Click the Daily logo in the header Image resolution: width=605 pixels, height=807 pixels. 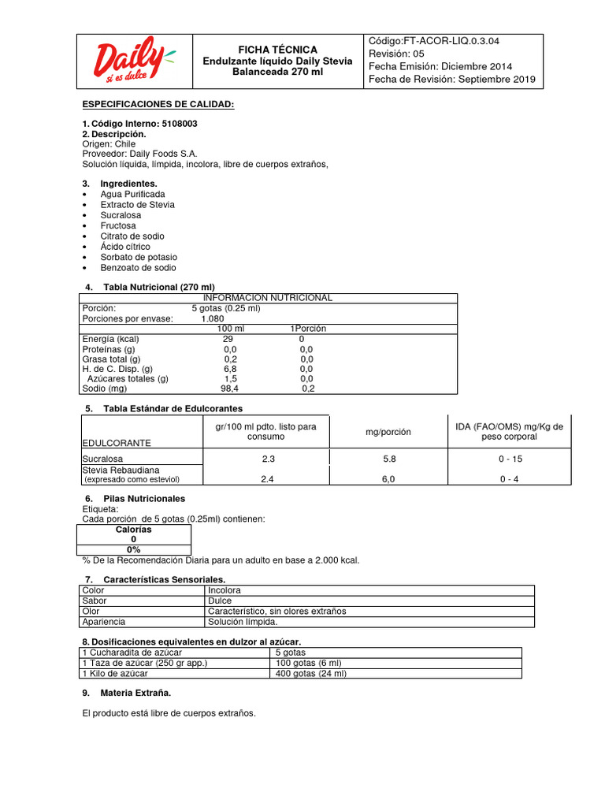132,62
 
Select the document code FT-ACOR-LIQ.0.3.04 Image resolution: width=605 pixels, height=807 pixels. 451,41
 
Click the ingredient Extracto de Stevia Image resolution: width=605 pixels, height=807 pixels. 137,205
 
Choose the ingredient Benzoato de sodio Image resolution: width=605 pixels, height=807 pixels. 138,268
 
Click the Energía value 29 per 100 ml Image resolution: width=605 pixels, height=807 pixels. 228,339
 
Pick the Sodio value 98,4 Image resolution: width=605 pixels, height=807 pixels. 229,389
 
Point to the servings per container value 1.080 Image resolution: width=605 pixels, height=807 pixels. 212,318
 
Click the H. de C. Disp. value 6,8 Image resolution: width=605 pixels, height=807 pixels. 229,368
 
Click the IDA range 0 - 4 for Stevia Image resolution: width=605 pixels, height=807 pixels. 507,479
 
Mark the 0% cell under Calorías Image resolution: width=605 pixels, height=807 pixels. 133,549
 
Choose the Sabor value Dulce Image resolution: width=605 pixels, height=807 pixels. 221,601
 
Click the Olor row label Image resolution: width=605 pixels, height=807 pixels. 91,611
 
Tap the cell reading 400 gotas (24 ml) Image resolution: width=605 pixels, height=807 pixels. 310,674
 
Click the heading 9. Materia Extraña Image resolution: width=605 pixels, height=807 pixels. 137,693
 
